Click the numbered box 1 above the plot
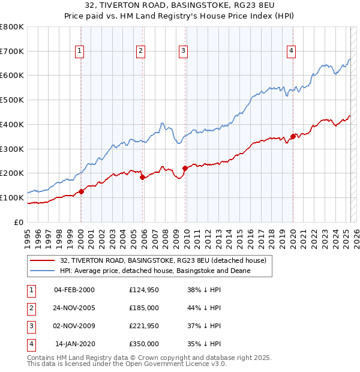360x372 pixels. [80, 52]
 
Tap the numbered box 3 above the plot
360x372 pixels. [182, 52]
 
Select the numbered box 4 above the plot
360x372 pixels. [291, 52]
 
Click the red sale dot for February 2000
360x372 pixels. [81, 191]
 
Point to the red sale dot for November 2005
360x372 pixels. [142, 177]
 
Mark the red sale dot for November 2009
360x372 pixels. [185, 168]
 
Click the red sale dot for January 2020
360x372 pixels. [293, 136]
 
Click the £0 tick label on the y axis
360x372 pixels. [19, 222]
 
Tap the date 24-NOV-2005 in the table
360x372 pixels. [74, 308]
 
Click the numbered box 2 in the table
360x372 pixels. [30, 308]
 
